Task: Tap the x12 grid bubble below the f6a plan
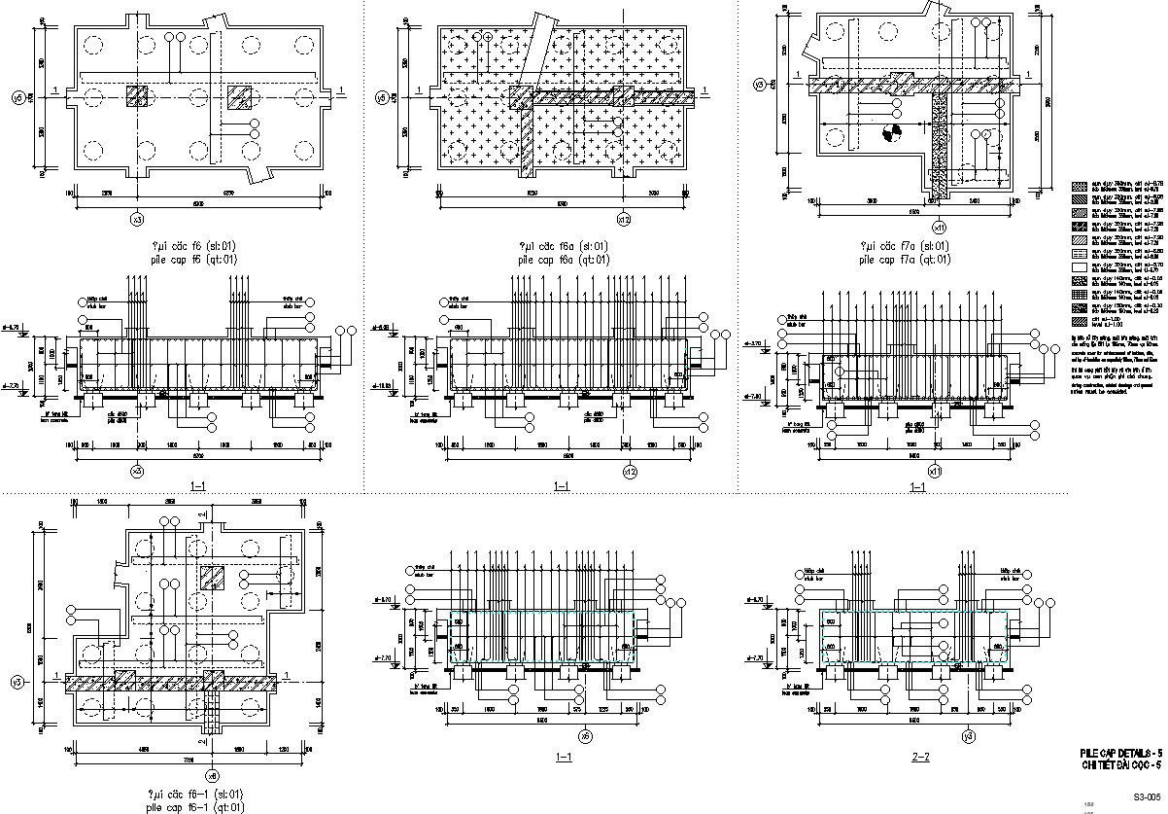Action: click(624, 219)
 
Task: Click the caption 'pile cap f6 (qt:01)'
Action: click(182, 260)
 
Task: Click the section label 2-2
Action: click(920, 757)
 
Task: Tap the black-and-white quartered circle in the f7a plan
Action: click(890, 135)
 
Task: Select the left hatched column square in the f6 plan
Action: click(137, 95)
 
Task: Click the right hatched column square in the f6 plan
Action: click(239, 95)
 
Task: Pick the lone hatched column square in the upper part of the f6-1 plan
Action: click(210, 577)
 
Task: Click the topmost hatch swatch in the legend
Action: click(1079, 185)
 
